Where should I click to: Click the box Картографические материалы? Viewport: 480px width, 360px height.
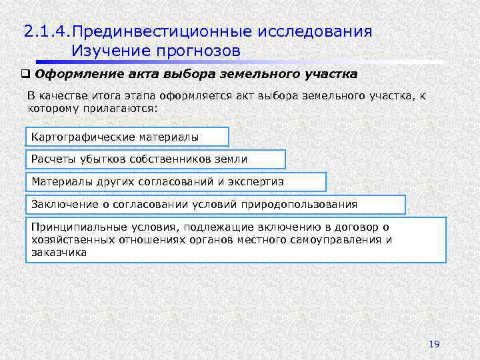[x=127, y=137]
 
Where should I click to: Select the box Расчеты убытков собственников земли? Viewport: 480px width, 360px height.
[x=155, y=159]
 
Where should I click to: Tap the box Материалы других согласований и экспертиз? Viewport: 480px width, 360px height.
[x=175, y=182]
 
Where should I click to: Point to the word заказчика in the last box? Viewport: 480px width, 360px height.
[x=59, y=252]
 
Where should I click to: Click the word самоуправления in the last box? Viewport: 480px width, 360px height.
[x=335, y=240]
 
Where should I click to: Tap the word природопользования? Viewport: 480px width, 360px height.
[x=306, y=205]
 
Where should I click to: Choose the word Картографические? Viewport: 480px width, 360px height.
[x=83, y=137]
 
